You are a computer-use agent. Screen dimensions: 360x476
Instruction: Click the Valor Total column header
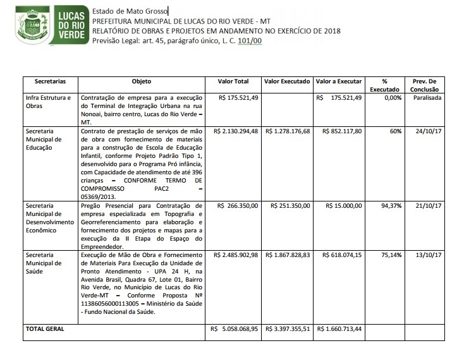(234, 82)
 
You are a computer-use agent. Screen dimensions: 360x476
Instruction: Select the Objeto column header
(142, 82)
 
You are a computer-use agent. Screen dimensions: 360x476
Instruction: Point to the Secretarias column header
(47, 82)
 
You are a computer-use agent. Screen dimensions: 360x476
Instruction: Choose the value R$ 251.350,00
(286, 206)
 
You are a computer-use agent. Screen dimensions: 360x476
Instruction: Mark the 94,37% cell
(391, 206)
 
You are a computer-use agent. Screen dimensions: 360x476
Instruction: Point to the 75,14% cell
(391, 255)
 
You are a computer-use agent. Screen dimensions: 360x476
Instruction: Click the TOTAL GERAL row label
(45, 329)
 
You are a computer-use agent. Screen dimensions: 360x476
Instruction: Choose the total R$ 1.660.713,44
(339, 329)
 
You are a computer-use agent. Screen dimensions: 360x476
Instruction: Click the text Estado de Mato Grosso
(130, 12)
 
